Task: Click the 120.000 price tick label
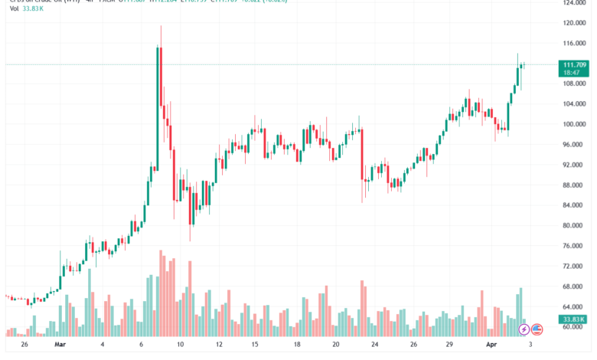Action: click(x=574, y=23)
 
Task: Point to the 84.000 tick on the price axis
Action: click(x=574, y=205)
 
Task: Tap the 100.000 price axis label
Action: click(x=574, y=124)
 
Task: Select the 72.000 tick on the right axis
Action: click(x=574, y=266)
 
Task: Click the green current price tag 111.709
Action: click(x=573, y=64)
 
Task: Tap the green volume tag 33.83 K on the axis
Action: click(x=573, y=319)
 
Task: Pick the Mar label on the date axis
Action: click(x=61, y=345)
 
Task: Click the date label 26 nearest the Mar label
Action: click(x=24, y=345)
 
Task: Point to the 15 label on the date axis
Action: click(x=258, y=345)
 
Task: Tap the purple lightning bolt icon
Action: click(x=524, y=329)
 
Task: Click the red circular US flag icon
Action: click(x=537, y=329)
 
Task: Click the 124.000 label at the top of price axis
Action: click(x=574, y=3)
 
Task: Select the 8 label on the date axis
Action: click(x=142, y=345)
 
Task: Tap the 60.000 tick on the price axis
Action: click(x=574, y=327)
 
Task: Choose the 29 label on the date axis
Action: click(x=452, y=345)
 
